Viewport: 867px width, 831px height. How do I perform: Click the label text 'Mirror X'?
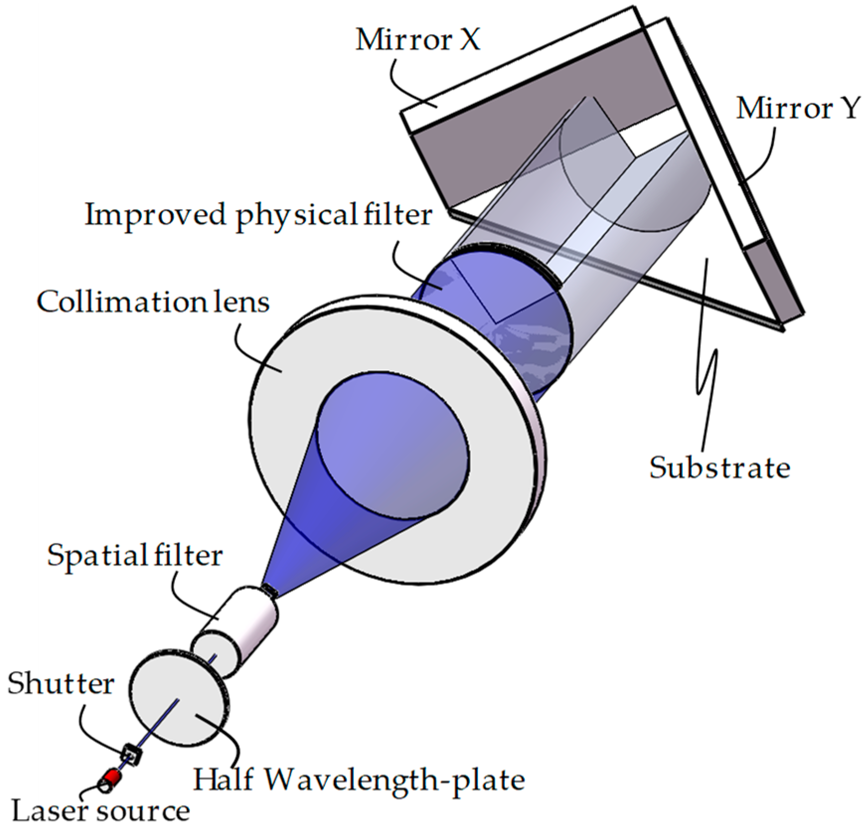click(x=418, y=40)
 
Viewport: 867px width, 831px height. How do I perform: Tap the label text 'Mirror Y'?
click(x=797, y=108)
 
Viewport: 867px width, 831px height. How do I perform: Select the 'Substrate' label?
click(x=719, y=468)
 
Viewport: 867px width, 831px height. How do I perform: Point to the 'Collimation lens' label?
click(x=153, y=301)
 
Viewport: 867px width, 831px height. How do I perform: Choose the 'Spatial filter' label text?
click(x=135, y=555)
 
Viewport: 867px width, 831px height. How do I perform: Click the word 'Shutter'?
click(x=61, y=683)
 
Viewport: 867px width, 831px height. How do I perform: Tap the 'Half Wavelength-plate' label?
click(x=359, y=779)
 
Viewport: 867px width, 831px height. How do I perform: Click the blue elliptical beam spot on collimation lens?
click(x=393, y=447)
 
